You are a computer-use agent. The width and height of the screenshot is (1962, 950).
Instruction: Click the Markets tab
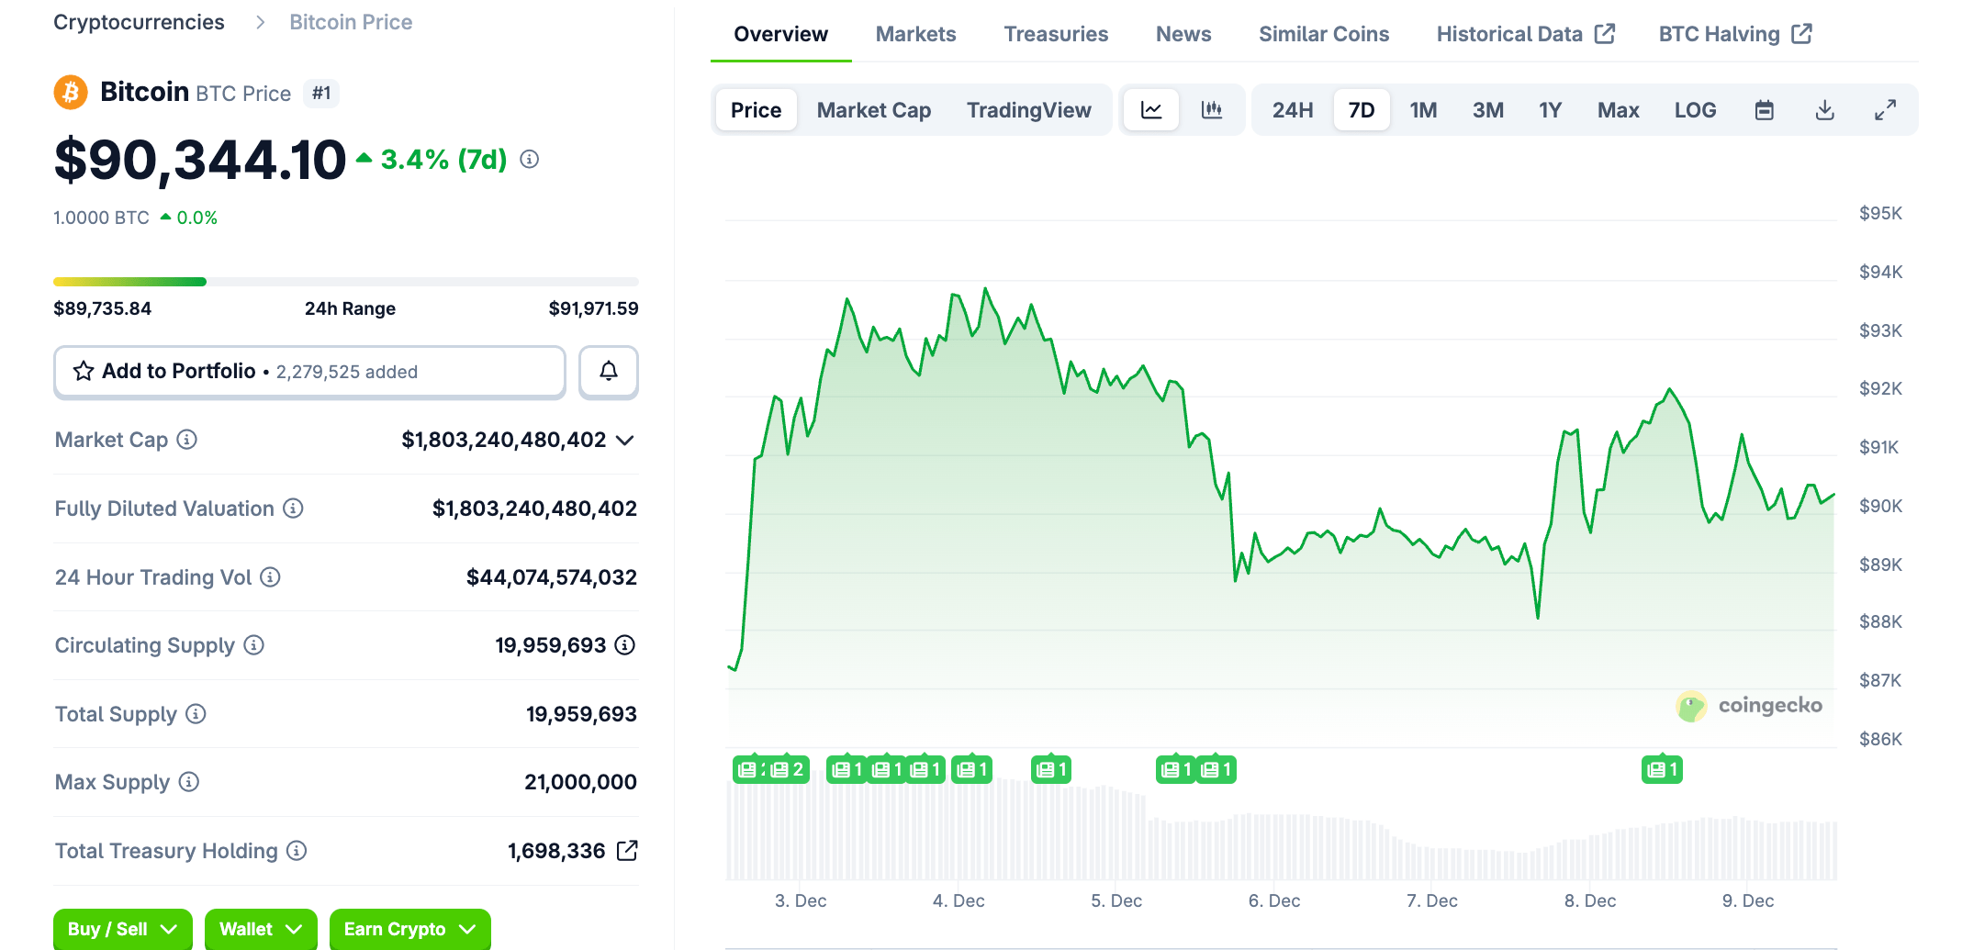click(x=915, y=34)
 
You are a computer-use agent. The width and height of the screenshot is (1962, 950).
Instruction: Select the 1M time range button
click(x=1423, y=110)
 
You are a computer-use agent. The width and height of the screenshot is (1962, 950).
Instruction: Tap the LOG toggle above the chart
click(x=1695, y=110)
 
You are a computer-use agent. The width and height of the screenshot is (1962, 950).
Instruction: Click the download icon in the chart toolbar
click(x=1824, y=110)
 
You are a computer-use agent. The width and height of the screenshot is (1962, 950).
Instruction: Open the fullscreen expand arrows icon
click(x=1885, y=110)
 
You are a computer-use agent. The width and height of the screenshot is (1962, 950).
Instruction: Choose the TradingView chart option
click(x=1028, y=110)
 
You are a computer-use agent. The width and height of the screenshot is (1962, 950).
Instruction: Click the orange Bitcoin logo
click(x=71, y=93)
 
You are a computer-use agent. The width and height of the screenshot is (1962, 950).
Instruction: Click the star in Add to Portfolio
click(x=84, y=371)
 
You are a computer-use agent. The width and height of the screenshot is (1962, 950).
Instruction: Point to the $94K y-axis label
click(x=1880, y=272)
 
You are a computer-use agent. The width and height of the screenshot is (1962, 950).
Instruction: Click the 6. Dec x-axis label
click(x=1273, y=900)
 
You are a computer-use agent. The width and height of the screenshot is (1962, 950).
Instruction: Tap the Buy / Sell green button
click(x=122, y=929)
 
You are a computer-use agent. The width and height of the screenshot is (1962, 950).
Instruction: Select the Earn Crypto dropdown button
click(x=409, y=929)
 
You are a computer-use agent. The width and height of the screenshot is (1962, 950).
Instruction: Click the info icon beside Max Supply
click(x=189, y=782)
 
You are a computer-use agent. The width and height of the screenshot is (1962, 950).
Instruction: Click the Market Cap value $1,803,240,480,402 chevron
click(x=625, y=441)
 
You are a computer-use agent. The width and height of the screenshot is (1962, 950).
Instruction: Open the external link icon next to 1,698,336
click(x=627, y=851)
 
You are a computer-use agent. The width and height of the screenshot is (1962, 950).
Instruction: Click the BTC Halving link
click(x=1734, y=34)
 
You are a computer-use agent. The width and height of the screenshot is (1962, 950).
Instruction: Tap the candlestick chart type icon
click(x=1212, y=110)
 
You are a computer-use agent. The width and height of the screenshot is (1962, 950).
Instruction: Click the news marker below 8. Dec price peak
click(x=1662, y=769)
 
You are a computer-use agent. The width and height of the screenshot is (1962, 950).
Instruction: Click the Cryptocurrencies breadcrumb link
click(x=139, y=22)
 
